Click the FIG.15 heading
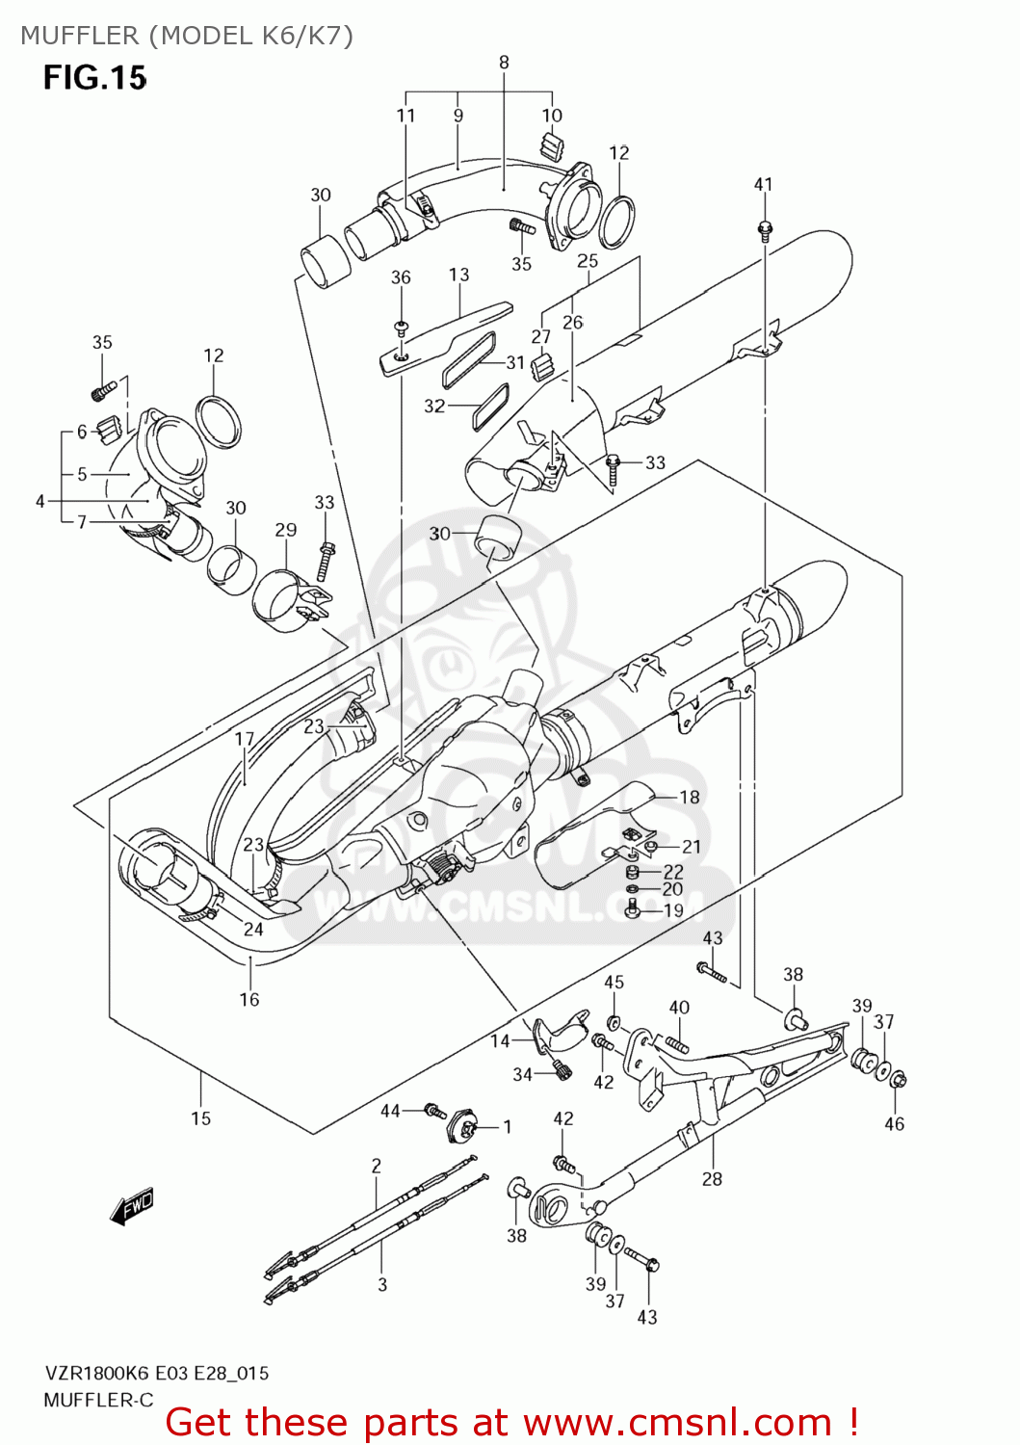click(94, 77)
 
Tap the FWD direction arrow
click(132, 1205)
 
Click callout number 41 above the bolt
click(763, 184)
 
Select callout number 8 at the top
click(504, 63)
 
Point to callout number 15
click(200, 1118)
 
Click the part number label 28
click(712, 1178)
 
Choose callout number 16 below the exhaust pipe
click(249, 999)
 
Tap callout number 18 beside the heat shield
click(690, 797)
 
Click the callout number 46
click(894, 1123)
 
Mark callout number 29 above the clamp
click(286, 530)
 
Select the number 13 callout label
click(458, 275)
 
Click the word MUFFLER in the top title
click(80, 36)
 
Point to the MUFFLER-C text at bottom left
click(98, 1400)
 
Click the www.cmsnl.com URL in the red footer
click(678, 1422)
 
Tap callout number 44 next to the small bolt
click(390, 1111)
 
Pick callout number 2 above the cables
click(377, 1166)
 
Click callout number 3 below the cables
click(382, 1284)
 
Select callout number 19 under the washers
click(673, 910)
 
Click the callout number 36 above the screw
click(401, 277)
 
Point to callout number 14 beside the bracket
click(500, 1040)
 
